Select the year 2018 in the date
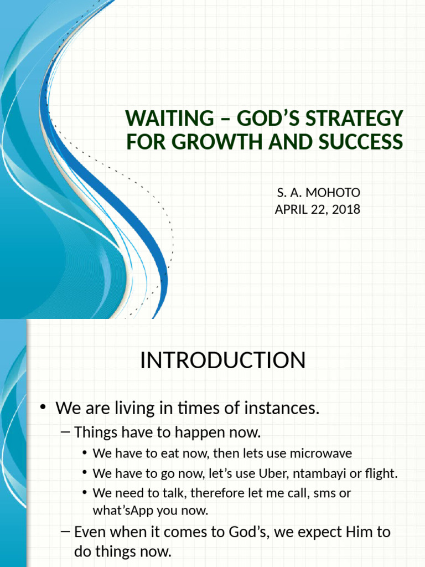point(347,210)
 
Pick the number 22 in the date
point(321,210)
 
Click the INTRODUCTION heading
point(222,360)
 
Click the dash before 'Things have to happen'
point(65,431)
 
